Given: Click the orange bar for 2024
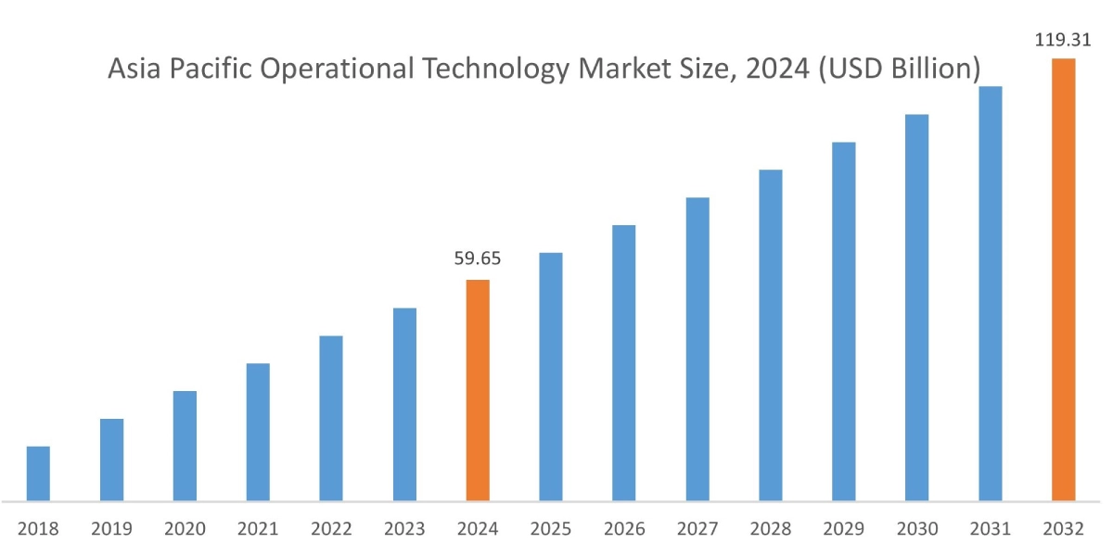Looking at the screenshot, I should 478,390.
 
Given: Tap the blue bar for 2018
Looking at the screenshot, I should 38,474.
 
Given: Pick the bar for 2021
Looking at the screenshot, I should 258,432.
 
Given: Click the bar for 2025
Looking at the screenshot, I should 551,376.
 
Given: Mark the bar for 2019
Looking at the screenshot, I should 111,460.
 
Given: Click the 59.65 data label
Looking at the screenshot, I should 478,259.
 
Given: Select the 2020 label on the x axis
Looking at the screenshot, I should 185,529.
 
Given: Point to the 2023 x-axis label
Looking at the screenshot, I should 404,529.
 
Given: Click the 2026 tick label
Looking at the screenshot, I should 624,529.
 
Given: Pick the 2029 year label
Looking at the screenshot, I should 844,529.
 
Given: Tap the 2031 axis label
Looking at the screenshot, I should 990,529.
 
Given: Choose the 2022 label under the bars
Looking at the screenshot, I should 331,529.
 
